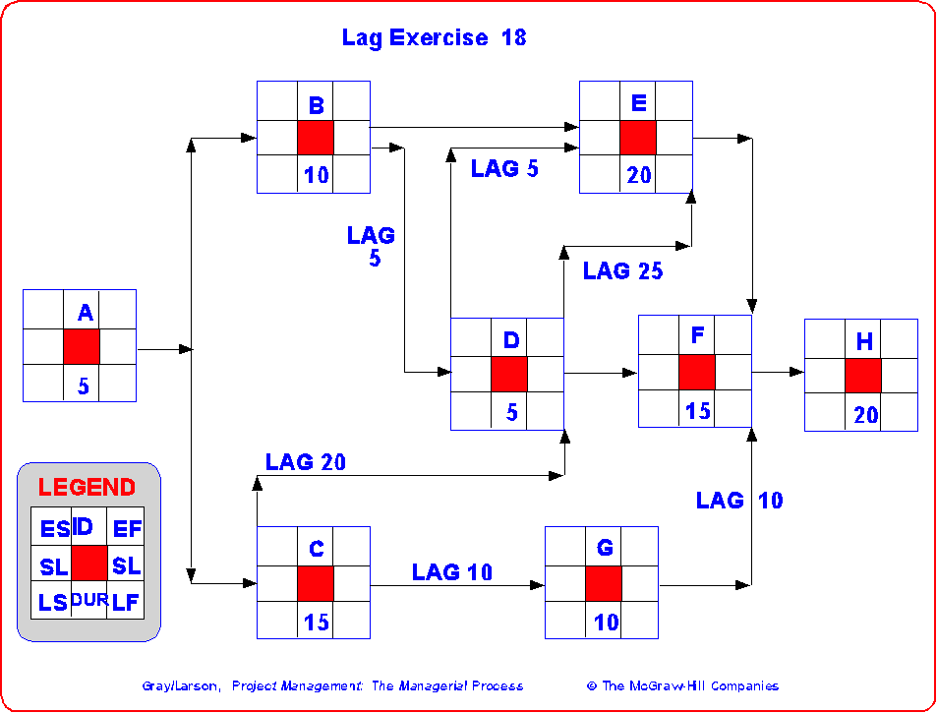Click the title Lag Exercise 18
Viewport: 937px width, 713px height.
[434, 38]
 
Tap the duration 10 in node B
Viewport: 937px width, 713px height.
[316, 176]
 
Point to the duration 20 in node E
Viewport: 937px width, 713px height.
[638, 176]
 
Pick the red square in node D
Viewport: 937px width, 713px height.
[508, 375]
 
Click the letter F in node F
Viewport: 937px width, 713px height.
[697, 335]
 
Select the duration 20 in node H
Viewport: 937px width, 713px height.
[865, 415]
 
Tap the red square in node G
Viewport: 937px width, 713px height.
[603, 583]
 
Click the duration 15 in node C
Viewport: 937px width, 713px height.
[316, 623]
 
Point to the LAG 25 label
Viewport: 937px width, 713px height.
[622, 271]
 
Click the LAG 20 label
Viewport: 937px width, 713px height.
[305, 461]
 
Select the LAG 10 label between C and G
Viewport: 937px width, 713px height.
[451, 571]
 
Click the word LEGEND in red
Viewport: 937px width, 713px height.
[87, 487]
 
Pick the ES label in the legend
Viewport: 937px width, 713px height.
[53, 529]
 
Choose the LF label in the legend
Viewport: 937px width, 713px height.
[125, 602]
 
